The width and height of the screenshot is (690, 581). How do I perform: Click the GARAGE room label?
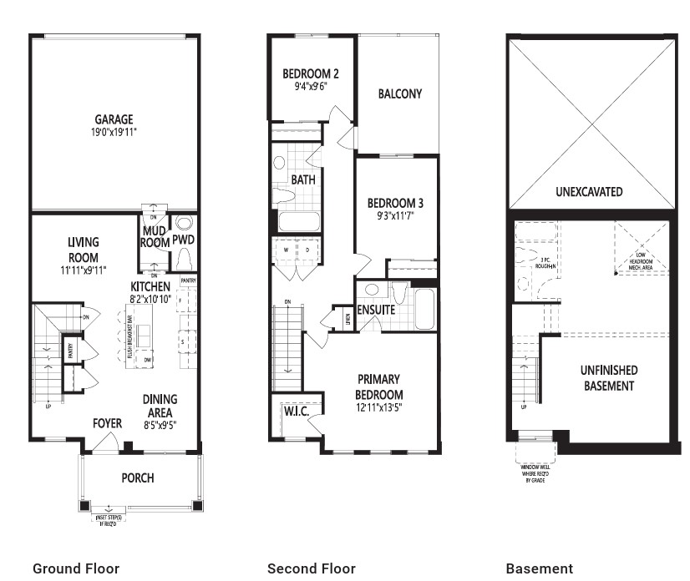pyautogui.click(x=113, y=119)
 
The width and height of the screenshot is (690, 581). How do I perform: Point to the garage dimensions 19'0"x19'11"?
pyautogui.click(x=113, y=132)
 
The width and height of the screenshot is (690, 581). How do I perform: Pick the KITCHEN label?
pyautogui.click(x=150, y=286)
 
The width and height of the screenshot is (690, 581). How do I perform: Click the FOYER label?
pyautogui.click(x=107, y=423)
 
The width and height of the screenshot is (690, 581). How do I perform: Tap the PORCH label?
pyautogui.click(x=137, y=477)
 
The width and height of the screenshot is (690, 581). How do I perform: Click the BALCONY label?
pyautogui.click(x=399, y=93)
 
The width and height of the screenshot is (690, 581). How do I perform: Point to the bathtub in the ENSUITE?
pyautogui.click(x=424, y=309)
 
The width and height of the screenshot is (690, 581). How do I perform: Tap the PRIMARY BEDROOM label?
pyautogui.click(x=380, y=386)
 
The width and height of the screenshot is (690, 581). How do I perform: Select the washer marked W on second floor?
pyautogui.click(x=285, y=249)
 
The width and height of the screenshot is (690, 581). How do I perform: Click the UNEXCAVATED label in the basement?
pyautogui.click(x=589, y=191)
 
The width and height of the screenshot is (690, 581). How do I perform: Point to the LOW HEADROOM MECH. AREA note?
pyautogui.click(x=641, y=260)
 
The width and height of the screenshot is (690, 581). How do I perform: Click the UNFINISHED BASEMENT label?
pyautogui.click(x=609, y=377)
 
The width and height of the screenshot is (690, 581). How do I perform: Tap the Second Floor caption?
pyautogui.click(x=311, y=568)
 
